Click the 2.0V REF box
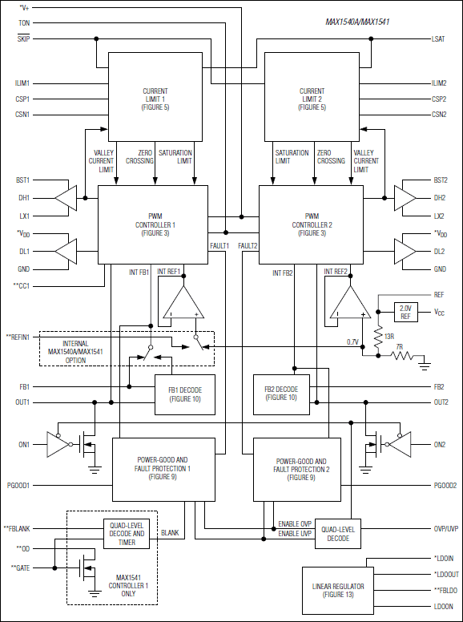[x=407, y=311]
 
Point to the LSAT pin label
[x=438, y=38]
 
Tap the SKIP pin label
[x=23, y=38]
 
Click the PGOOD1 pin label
[x=18, y=485]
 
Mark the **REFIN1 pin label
[x=18, y=337]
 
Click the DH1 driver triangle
[x=68, y=197]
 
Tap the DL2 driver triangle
[x=403, y=251]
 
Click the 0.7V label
[x=352, y=342]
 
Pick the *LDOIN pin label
[x=445, y=559]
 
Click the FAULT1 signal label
[x=219, y=245]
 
